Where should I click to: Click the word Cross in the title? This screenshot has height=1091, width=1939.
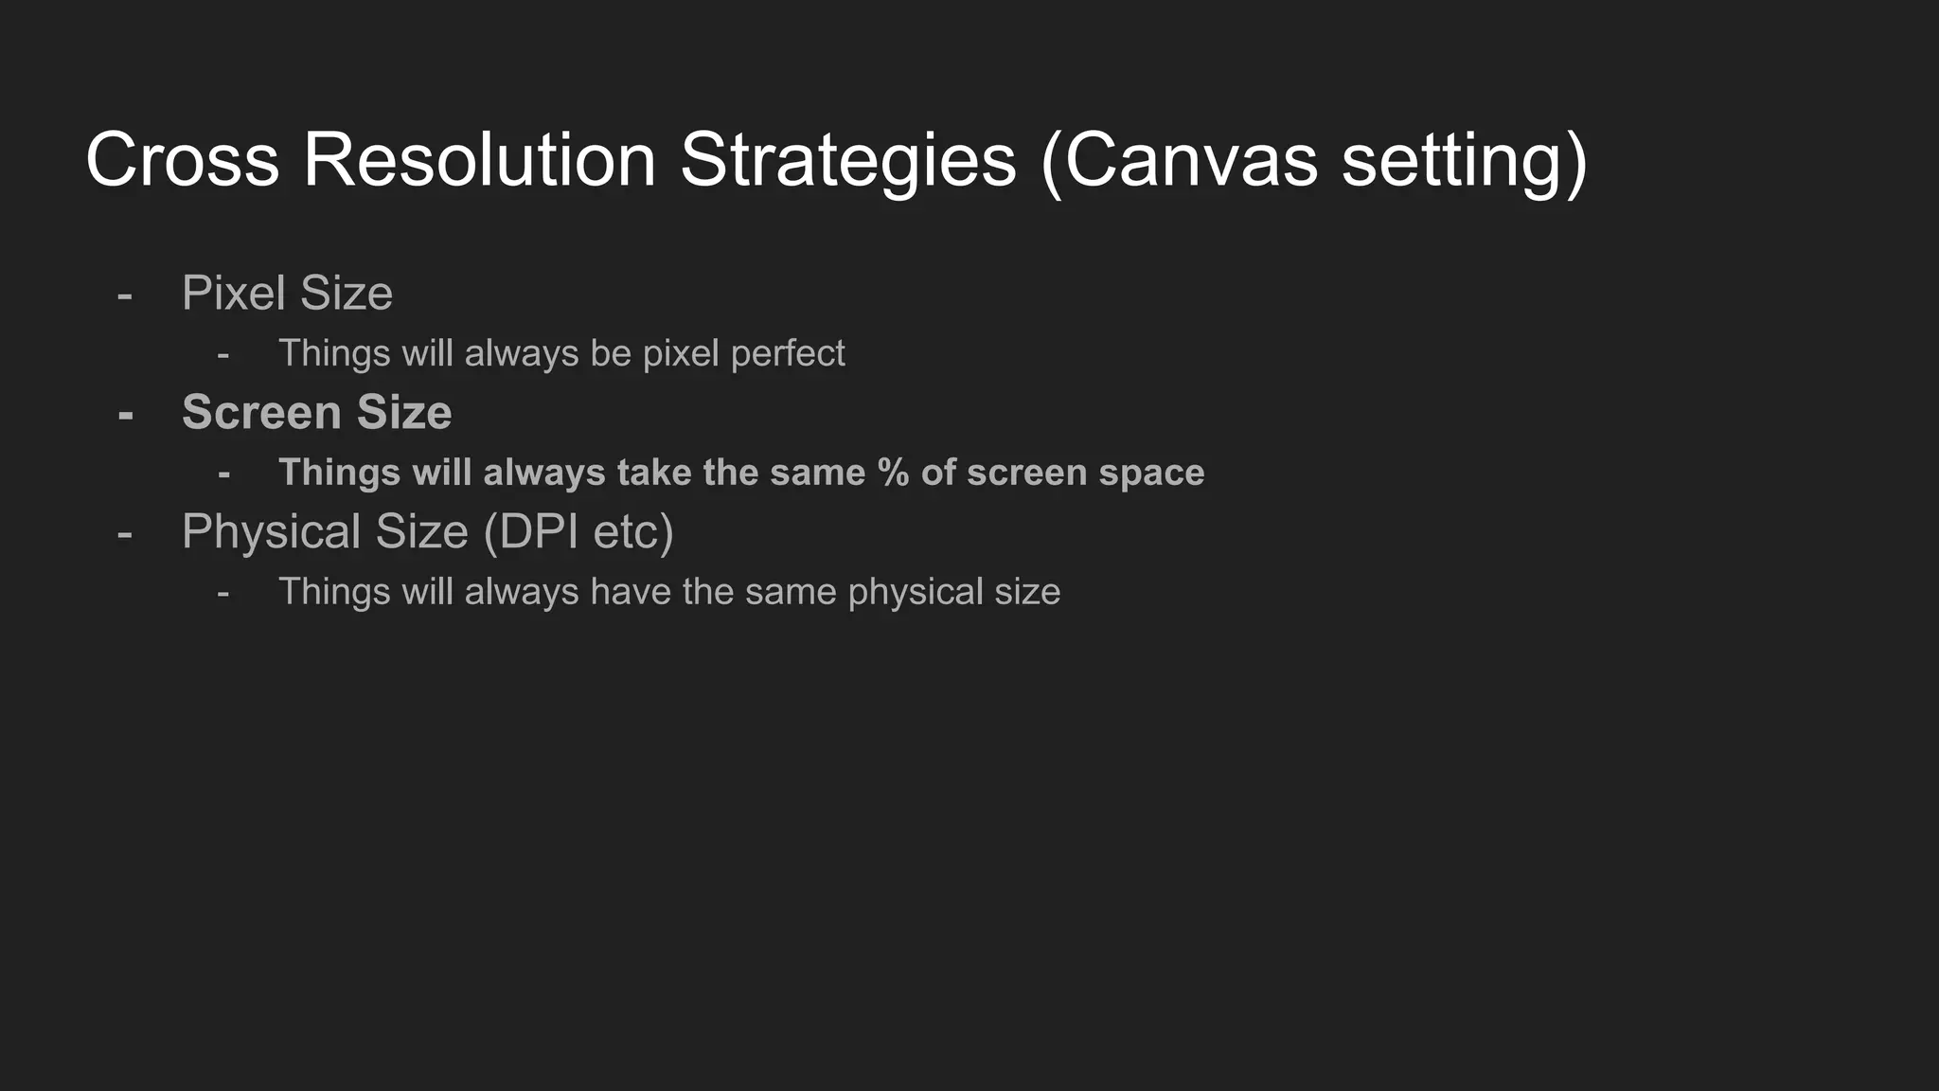[x=183, y=160]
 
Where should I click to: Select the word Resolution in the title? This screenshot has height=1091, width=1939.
[x=480, y=160]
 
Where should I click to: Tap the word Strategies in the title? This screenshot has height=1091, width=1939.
[x=848, y=160]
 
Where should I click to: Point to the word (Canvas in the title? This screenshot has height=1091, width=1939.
[x=1179, y=160]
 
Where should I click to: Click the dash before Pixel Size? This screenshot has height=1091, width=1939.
[x=124, y=295]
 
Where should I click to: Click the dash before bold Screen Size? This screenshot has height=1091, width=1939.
[x=125, y=415]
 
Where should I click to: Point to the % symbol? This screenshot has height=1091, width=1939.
[x=893, y=472]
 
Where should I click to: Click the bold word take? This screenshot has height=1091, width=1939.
[x=654, y=472]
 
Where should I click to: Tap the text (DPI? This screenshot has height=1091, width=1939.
[x=531, y=531]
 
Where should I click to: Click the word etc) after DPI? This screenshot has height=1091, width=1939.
[x=633, y=531]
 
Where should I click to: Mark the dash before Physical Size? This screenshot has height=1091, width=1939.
[x=124, y=534]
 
